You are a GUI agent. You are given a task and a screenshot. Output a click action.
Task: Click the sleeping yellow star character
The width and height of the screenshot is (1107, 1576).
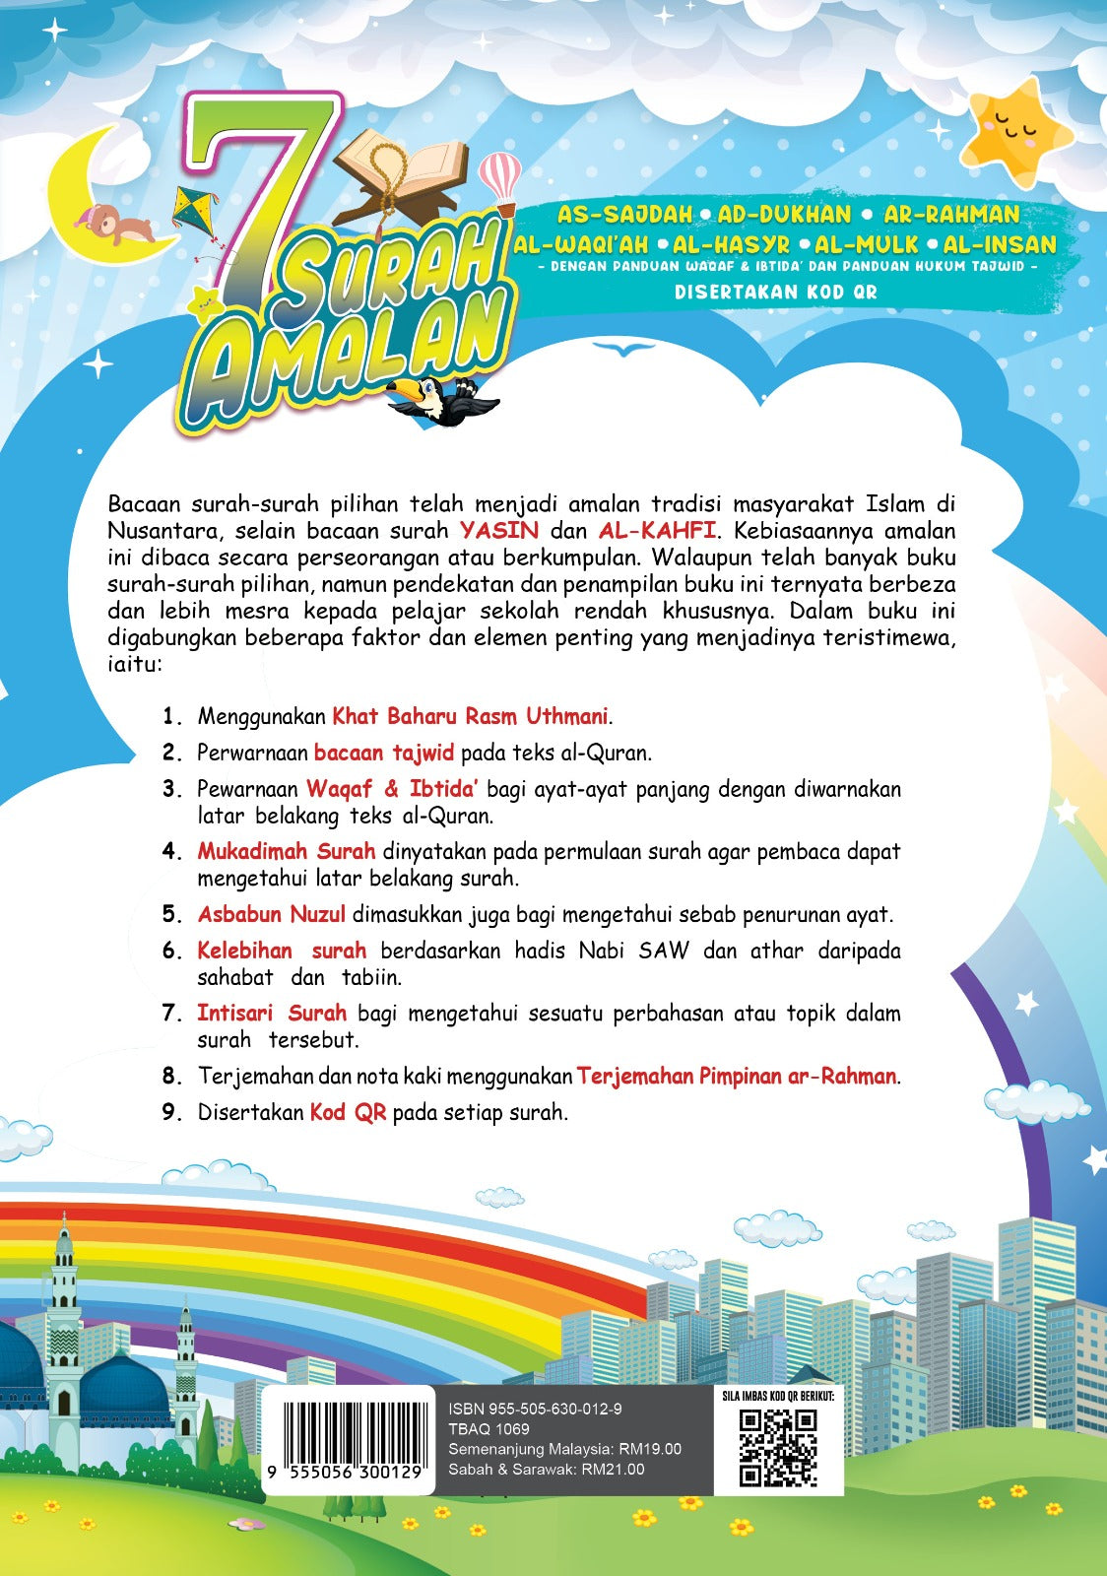pos(1016,134)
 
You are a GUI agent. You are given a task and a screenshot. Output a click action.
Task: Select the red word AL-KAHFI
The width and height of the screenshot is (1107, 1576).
pos(657,531)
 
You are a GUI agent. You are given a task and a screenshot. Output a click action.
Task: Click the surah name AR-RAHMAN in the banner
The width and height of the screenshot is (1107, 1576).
pos(951,214)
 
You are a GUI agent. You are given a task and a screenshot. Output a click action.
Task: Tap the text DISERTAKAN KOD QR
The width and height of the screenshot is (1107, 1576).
pos(775,292)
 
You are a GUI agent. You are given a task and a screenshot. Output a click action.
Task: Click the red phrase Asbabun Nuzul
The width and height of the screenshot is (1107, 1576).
pos(272,914)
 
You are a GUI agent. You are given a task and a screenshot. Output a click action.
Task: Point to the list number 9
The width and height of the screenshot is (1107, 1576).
pos(172,1112)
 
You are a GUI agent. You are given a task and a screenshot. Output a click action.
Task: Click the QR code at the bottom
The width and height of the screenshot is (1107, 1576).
pos(778,1447)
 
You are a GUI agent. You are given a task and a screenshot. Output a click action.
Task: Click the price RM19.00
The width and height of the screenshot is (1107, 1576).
pos(650,1449)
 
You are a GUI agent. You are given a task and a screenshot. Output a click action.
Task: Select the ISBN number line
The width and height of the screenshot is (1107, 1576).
pos(535,1410)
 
